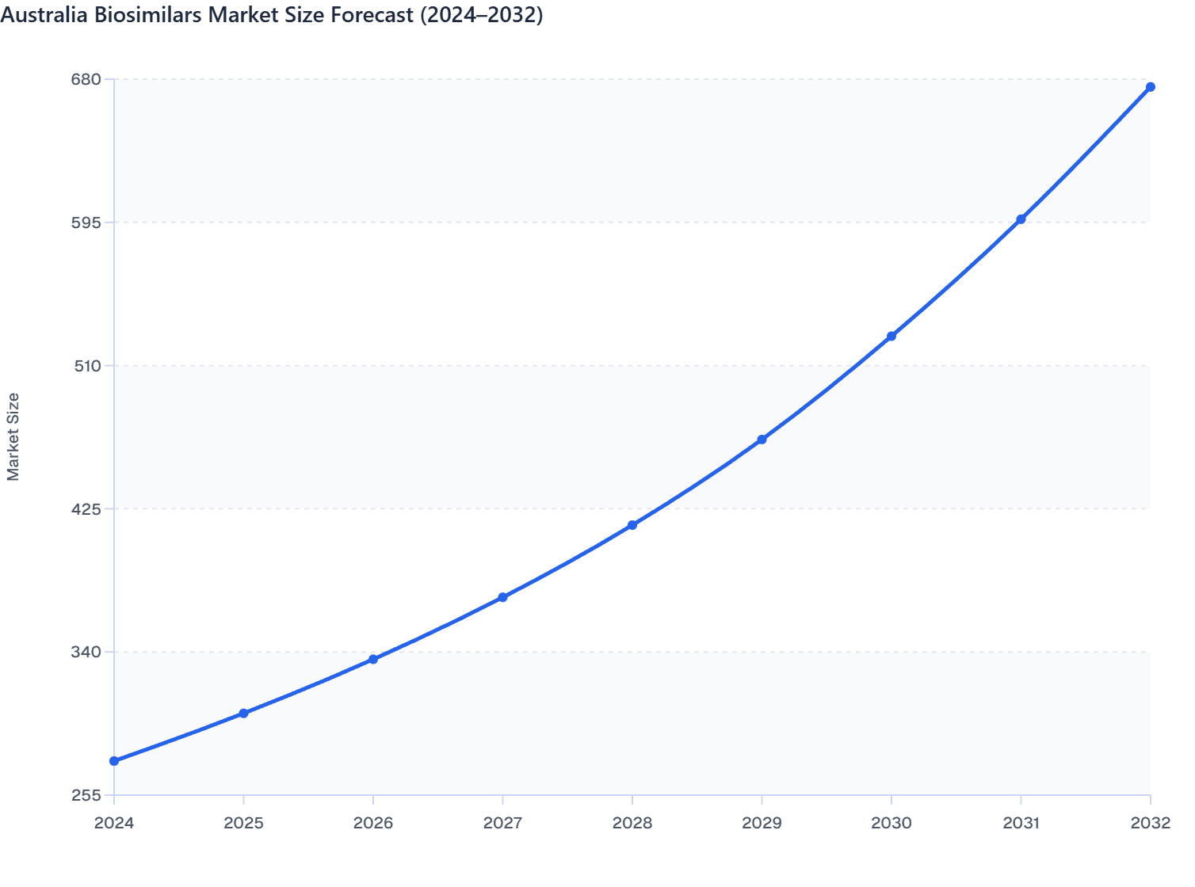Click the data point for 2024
pyautogui.click(x=114, y=761)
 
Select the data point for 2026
pyautogui.click(x=373, y=660)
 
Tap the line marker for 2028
pyautogui.click(x=632, y=525)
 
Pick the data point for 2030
pyautogui.click(x=891, y=337)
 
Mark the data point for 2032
pyautogui.click(x=1151, y=87)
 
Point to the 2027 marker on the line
pyautogui.click(x=502, y=597)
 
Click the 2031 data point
pyautogui.click(x=1021, y=219)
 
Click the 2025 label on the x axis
pyautogui.click(x=243, y=823)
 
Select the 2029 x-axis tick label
pyautogui.click(x=762, y=823)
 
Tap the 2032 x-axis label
pyautogui.click(x=1151, y=823)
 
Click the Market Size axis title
pyautogui.click(x=13, y=436)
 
